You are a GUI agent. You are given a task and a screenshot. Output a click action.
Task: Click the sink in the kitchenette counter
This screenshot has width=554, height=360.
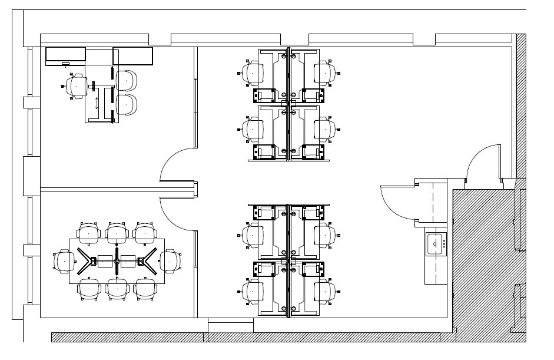(436, 243)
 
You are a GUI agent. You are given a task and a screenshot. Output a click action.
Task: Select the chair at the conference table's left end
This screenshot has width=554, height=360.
(62, 260)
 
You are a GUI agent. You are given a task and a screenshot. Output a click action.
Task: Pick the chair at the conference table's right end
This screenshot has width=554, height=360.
(170, 260)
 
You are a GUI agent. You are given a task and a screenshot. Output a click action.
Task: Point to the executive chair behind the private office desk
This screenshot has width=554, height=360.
(77, 85)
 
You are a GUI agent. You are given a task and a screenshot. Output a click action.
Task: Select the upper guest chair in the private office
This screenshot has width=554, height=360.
(127, 80)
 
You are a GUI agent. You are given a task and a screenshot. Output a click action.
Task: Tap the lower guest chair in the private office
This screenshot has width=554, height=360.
(127, 104)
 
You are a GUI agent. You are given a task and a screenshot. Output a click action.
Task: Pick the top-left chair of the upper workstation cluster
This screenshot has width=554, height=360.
(254, 72)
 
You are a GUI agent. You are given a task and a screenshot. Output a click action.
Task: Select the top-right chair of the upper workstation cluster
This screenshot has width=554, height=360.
(324, 72)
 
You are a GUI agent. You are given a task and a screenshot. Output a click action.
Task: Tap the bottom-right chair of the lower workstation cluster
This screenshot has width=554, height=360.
(324, 290)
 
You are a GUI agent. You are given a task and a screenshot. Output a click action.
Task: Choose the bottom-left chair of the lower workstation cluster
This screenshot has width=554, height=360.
(254, 290)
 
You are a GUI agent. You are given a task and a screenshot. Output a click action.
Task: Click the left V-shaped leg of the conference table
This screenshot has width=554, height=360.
(85, 260)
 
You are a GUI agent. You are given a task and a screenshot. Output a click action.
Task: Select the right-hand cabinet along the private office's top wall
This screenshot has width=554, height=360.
(133, 56)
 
